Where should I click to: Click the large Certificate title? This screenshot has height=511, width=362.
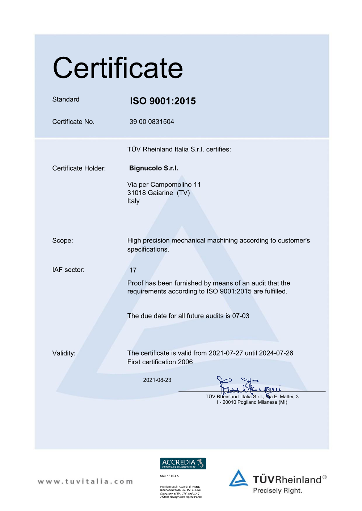pos(118,68)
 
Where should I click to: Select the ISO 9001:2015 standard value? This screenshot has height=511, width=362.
pos(163,101)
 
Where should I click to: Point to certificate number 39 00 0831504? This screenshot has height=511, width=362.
pos(152,122)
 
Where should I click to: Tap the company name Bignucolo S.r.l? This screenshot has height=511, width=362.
pos(153,168)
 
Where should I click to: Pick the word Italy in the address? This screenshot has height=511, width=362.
pos(133,201)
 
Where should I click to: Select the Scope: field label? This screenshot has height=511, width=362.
pos(63,241)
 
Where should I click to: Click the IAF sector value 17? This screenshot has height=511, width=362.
pos(133,270)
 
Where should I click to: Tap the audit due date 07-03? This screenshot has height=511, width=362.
pos(241,316)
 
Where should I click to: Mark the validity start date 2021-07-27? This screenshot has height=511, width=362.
pos(226,353)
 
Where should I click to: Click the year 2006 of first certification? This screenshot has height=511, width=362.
pos(185,362)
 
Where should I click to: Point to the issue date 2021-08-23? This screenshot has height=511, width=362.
pos(157,380)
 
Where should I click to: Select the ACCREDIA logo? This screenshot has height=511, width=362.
pos(183,463)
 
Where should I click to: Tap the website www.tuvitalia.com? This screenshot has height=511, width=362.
pos(85,481)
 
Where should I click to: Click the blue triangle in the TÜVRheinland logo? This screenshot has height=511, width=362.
pos(239,478)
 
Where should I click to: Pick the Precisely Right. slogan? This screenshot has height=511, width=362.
pos(277,491)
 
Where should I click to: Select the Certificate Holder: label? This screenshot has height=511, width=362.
pos(79,168)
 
